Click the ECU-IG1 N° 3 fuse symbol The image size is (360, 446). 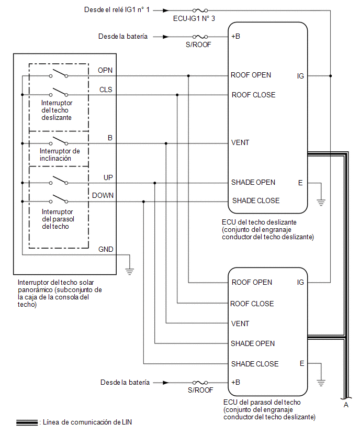point(200,10)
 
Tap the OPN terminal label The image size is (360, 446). point(105,70)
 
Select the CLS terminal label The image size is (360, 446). point(106,90)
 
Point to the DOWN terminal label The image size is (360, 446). point(103,195)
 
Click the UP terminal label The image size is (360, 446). point(108,177)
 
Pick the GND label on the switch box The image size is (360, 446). point(106,249)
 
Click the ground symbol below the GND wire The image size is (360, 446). point(130,271)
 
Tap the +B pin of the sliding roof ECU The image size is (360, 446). point(236,37)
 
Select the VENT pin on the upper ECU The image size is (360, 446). point(240,142)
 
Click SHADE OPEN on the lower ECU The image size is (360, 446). point(253,343)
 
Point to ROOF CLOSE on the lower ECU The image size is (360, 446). point(252,304)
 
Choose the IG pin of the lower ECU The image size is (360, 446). point(300,282)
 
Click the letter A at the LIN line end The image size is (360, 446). point(346,405)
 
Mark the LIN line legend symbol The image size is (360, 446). point(27,422)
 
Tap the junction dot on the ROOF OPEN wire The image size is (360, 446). point(188,76)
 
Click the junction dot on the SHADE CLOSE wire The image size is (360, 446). point(143,202)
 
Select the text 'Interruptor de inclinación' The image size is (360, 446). point(60,155)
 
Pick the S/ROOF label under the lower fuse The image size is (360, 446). point(200,390)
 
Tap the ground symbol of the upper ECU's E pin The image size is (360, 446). point(321,202)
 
